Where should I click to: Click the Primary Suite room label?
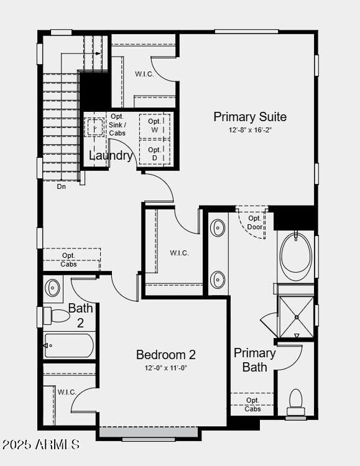point(250,117)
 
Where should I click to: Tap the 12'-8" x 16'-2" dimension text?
point(250,130)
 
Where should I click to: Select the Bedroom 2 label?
point(166,355)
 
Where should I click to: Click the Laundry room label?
point(111,155)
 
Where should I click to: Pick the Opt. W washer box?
point(155,126)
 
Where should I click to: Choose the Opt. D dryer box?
point(155,153)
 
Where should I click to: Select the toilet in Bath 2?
point(58,316)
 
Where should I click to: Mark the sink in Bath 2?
point(53,288)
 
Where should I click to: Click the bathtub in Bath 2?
point(69,345)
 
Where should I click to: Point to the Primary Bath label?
point(254,360)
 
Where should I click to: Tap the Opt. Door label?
point(254,222)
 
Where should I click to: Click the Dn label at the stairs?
point(61,186)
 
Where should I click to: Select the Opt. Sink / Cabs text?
point(117,125)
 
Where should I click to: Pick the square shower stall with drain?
point(297,317)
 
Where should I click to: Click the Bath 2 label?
point(80,315)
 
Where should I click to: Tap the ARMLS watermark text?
point(41,445)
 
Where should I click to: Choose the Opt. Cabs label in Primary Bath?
point(252,404)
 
